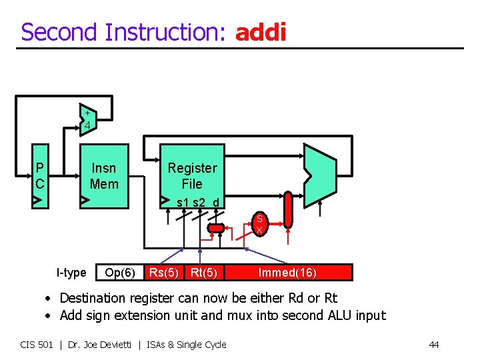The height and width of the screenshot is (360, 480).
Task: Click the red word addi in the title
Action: click(x=261, y=31)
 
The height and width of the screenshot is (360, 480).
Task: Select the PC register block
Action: click(x=41, y=175)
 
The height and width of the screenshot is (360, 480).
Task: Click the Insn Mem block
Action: click(x=103, y=175)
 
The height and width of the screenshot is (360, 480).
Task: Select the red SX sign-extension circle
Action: click(x=259, y=223)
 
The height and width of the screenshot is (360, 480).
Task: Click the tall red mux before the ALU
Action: click(x=287, y=209)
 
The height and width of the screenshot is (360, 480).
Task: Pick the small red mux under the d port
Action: click(x=216, y=229)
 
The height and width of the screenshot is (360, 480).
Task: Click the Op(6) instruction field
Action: click(x=120, y=272)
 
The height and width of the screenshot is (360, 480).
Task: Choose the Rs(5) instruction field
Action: click(x=164, y=272)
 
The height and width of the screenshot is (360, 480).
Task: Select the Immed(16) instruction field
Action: click(x=287, y=272)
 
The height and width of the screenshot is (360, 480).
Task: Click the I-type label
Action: click(x=71, y=272)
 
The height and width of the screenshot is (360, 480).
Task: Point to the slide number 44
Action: click(x=433, y=345)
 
